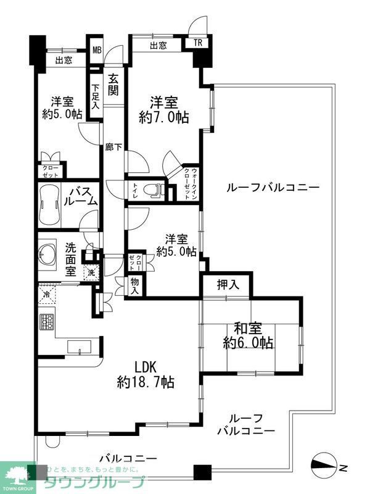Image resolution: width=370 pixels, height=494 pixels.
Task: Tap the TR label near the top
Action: [197, 43]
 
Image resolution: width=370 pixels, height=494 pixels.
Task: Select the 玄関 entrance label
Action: [114, 85]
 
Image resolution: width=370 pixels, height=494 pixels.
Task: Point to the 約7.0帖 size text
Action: [164, 117]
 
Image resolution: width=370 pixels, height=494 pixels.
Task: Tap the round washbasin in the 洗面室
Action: [47, 253]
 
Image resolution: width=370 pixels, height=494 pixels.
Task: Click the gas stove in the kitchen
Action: [47, 322]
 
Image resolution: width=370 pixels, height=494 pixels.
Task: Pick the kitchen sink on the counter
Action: [80, 346]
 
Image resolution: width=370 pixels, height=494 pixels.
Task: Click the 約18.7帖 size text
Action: [146, 383]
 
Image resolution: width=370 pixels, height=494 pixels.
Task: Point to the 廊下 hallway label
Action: [114, 148]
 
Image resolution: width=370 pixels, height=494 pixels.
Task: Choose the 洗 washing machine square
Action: [91, 271]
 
